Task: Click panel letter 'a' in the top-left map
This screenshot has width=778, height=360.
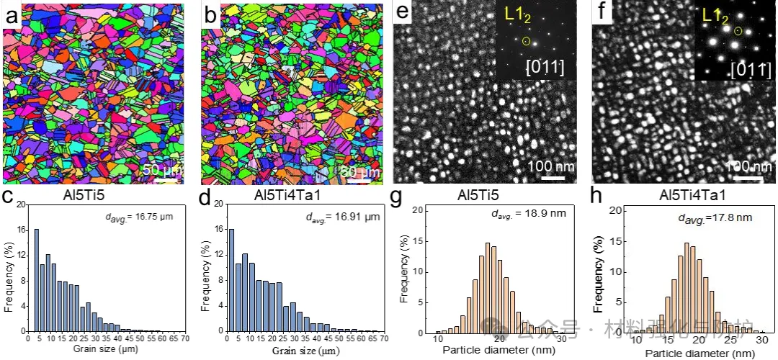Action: coord(12,14)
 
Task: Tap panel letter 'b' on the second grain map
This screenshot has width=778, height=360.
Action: coord(210,14)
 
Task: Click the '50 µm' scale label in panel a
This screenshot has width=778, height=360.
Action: coord(161,171)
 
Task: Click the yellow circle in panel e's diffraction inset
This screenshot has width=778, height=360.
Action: coord(527,40)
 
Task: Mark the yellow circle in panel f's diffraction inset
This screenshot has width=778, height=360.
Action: coord(737,31)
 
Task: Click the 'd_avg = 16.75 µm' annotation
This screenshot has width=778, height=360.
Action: coord(136,215)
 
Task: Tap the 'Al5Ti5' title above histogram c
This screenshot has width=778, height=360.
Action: coord(98,194)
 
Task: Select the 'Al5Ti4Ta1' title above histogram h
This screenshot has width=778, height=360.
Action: coord(689,194)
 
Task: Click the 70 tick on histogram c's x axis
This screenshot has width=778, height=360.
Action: coord(184,338)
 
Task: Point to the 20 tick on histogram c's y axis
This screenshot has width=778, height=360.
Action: coord(20,204)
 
